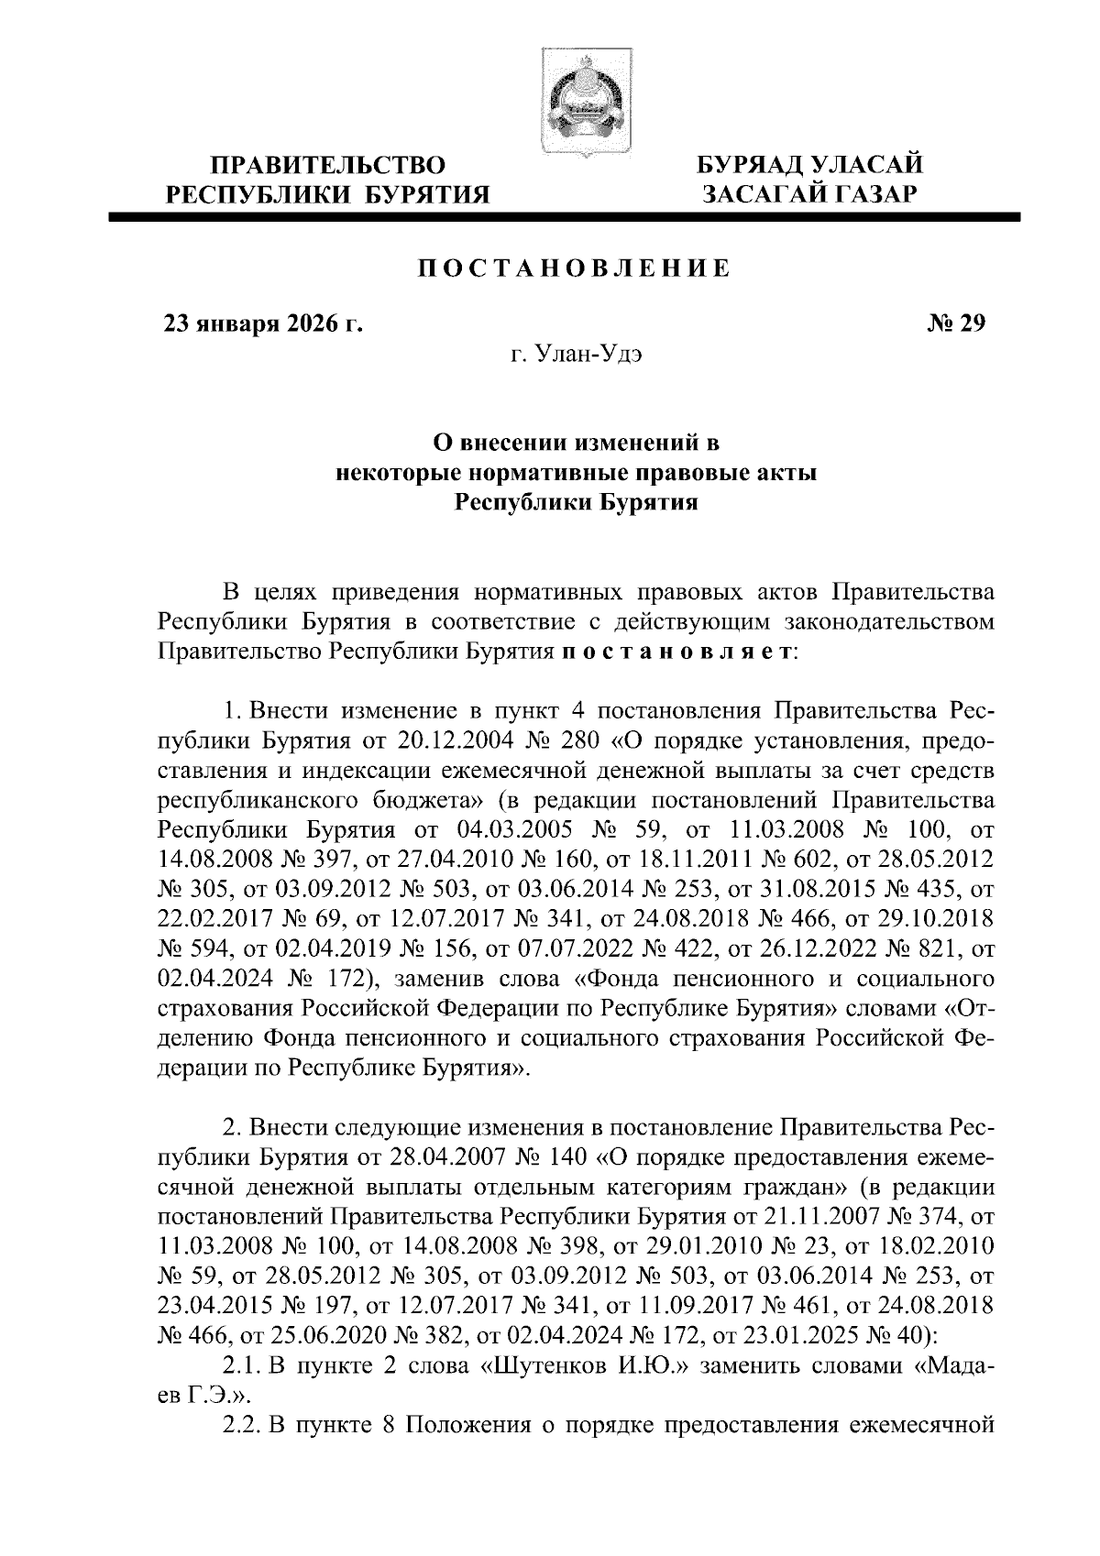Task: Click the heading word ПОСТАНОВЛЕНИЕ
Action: (x=574, y=268)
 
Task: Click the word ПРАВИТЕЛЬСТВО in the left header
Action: (x=328, y=165)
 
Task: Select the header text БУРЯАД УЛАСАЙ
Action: (x=809, y=165)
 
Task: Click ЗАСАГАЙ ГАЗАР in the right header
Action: (x=809, y=193)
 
